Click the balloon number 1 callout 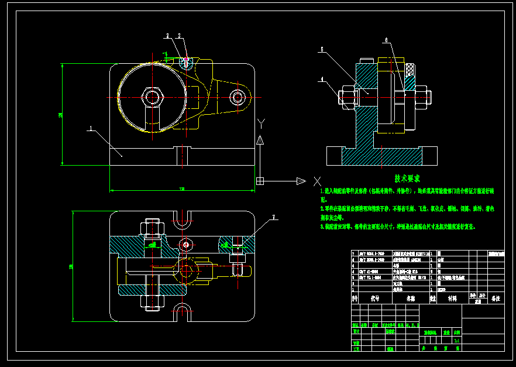coord(91,127)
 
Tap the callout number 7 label coord(273,218)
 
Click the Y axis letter coord(262,122)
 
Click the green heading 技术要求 coord(407,179)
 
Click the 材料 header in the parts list coord(452,298)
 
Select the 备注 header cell coord(496,298)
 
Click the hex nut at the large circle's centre coord(153,95)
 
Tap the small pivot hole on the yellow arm coord(237,97)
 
